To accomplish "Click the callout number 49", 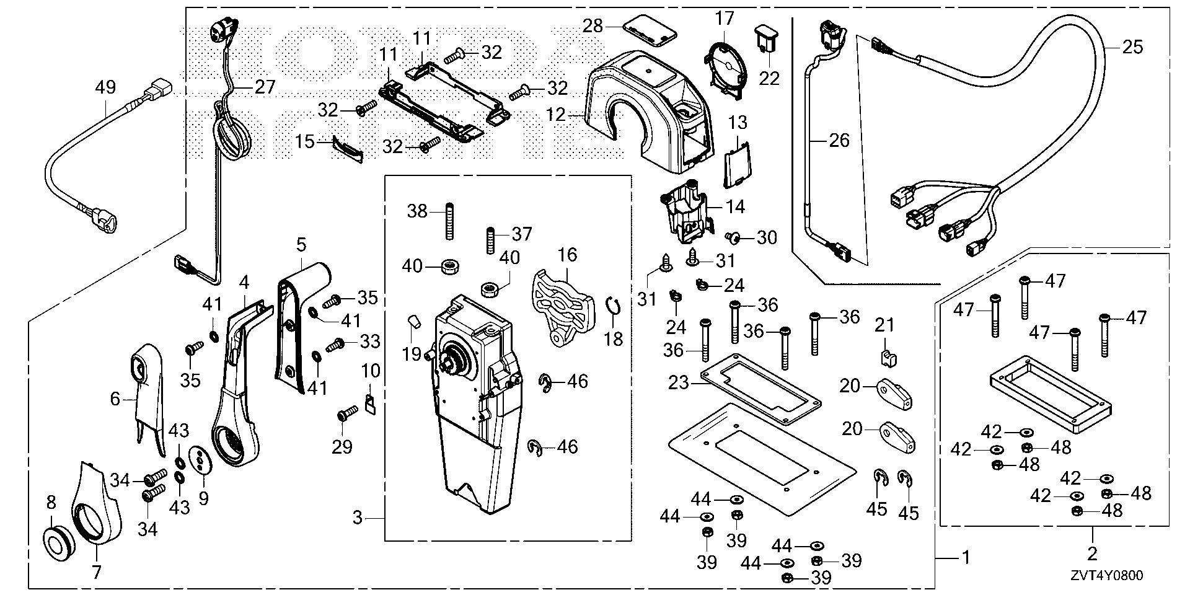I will [105, 87].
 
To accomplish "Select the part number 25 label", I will [1132, 47].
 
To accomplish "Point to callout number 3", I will [357, 517].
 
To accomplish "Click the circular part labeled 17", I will [726, 68].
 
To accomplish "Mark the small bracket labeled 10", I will [371, 404].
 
